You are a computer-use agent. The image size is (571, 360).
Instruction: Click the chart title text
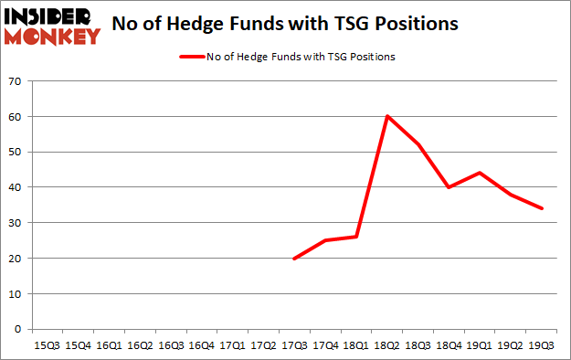pos(286,26)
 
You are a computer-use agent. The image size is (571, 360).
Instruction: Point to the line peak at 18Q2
pos(388,117)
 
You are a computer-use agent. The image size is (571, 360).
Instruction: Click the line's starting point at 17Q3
pos(295,259)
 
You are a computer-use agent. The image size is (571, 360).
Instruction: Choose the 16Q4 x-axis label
pos(201,345)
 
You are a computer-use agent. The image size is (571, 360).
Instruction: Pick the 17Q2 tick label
pos(263,345)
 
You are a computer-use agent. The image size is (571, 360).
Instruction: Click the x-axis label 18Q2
pos(388,345)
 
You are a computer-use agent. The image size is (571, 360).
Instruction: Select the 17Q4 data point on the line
pos(326,240)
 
